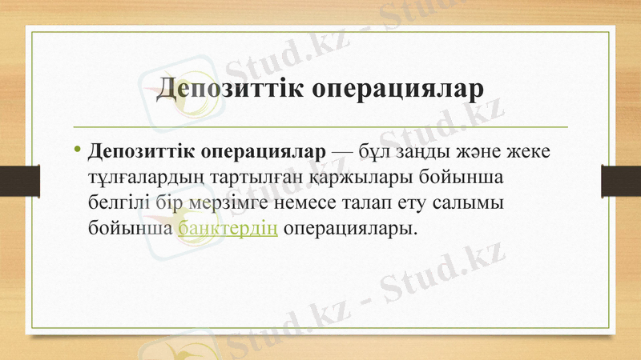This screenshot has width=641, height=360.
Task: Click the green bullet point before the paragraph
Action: click(x=77, y=150)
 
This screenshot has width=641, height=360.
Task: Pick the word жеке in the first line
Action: click(x=525, y=151)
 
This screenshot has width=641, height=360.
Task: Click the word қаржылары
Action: click(x=349, y=177)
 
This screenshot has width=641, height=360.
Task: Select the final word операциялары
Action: click(x=350, y=228)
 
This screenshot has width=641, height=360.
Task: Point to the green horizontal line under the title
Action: click(x=320, y=127)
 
